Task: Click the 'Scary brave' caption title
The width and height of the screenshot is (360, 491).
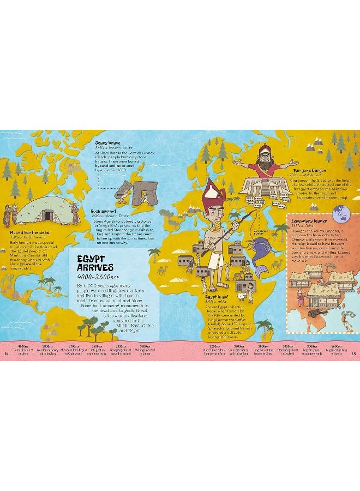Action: pos(107,142)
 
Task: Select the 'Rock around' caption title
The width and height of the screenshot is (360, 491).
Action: pos(104,210)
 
